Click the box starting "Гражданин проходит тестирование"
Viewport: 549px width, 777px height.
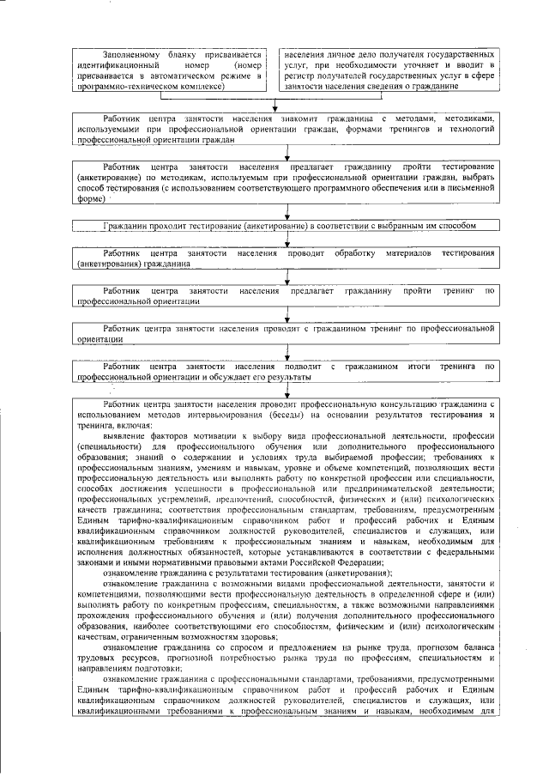pos(287,225)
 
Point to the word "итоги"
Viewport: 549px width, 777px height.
pos(414,367)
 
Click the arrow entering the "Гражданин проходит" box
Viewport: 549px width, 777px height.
pos(287,215)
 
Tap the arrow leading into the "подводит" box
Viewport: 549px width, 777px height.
pos(287,356)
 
